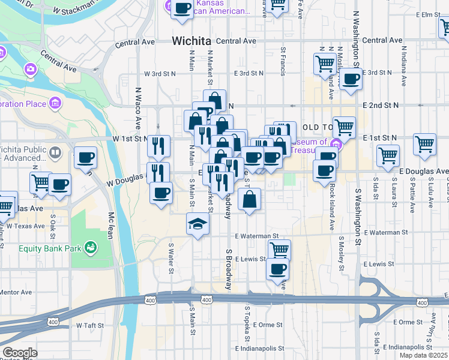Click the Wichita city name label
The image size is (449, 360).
(191, 41)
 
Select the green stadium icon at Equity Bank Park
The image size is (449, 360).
(90, 247)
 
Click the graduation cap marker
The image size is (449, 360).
(197, 224)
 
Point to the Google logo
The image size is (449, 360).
(19, 353)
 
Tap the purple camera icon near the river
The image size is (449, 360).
(30, 70)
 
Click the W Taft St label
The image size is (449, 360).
(91, 325)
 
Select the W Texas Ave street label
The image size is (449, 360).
(23, 227)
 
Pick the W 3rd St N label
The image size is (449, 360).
(160, 74)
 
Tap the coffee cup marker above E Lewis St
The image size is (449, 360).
(278, 269)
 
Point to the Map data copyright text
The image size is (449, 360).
(424, 355)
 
